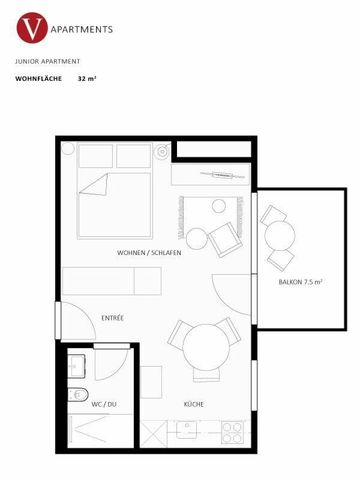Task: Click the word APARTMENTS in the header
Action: tap(79, 30)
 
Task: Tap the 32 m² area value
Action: tap(86, 77)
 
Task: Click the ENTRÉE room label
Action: tap(112, 318)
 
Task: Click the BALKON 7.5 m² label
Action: tap(300, 283)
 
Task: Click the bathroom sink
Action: tap(78, 364)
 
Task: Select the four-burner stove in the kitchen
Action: tap(232, 433)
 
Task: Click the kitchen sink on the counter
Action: tap(188, 433)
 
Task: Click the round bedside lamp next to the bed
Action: tap(162, 155)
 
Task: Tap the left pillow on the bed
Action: tap(97, 156)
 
